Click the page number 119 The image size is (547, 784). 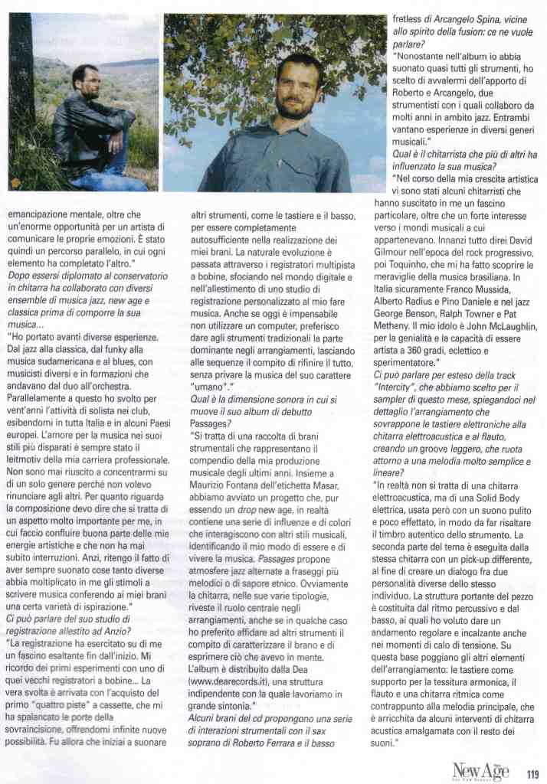[x=533, y=773]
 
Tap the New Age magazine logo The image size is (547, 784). [x=480, y=772]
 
